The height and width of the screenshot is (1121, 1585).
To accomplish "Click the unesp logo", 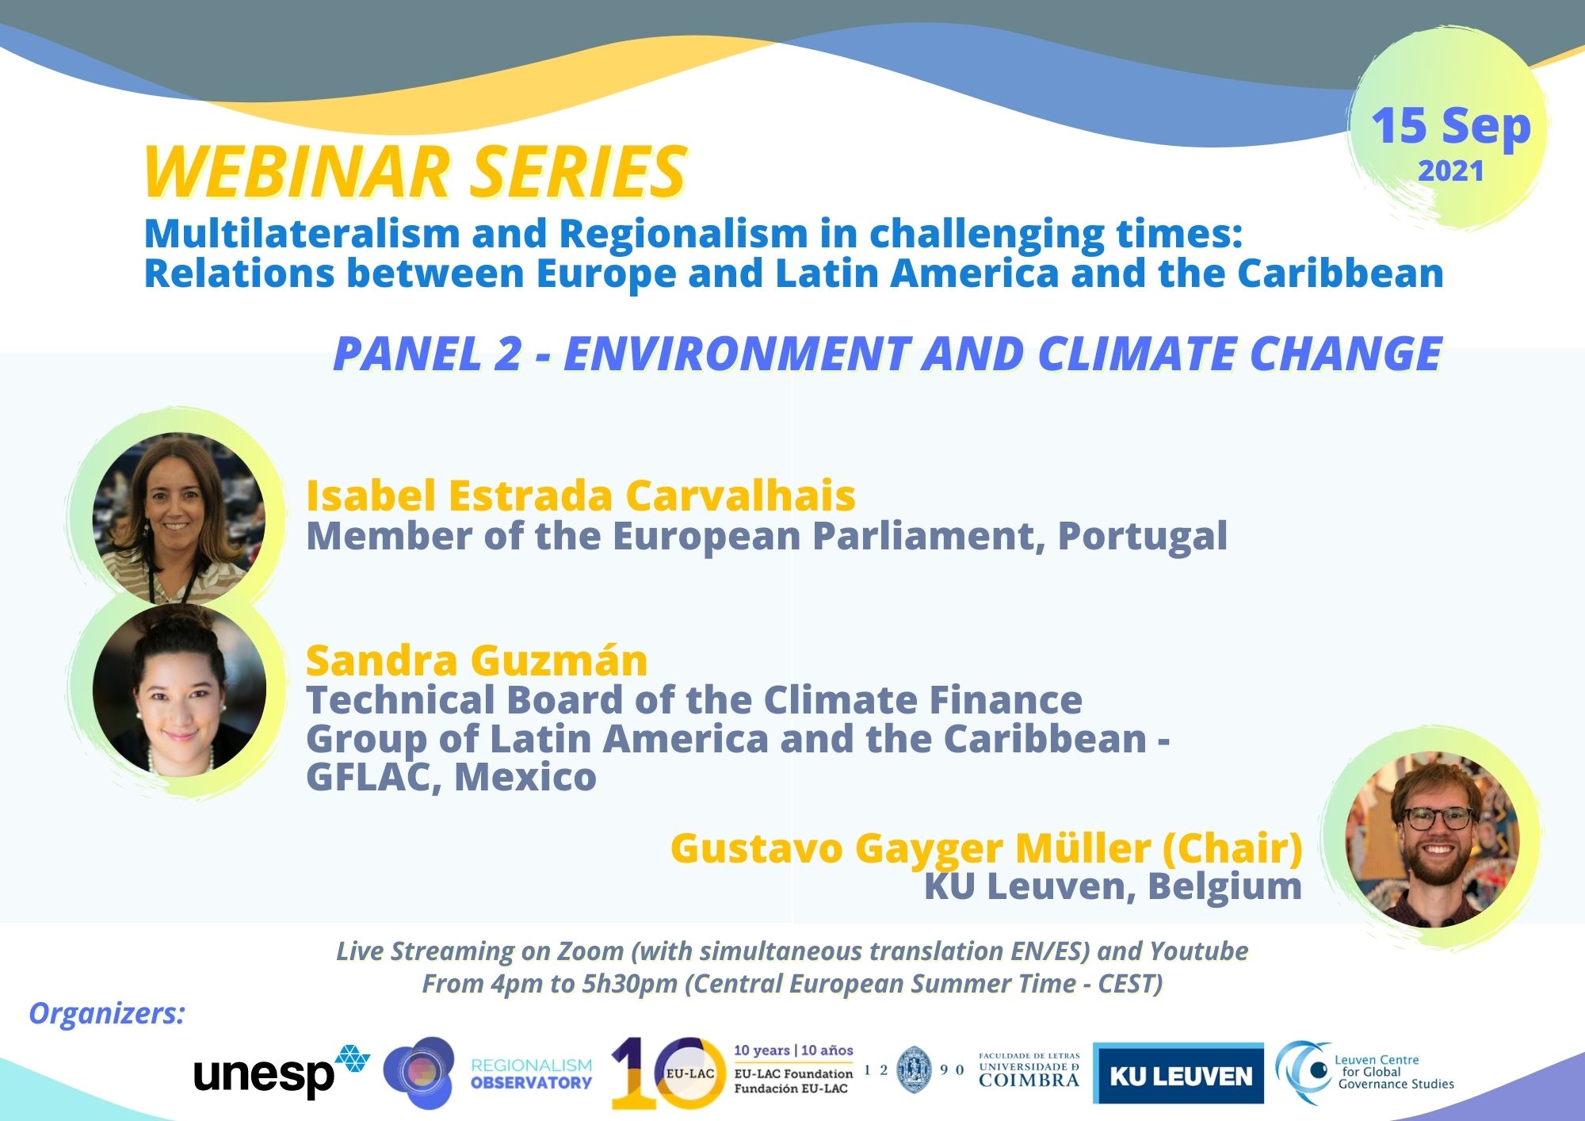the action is [x=281, y=1072].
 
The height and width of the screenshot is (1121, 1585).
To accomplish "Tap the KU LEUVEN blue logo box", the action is [x=1178, y=1073].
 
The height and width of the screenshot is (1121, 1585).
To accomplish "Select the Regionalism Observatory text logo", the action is [x=531, y=1074].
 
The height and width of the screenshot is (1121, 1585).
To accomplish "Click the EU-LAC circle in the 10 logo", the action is [x=689, y=1073].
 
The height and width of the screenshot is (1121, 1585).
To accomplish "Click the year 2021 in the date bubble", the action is [x=1450, y=171].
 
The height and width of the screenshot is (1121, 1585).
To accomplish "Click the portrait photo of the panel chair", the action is [x=1432, y=839].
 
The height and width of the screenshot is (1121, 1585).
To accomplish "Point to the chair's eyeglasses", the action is [x=1438, y=817].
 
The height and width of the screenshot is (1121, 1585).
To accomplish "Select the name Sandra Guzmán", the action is [x=477, y=660].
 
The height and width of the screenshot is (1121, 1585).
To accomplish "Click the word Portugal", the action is [x=1143, y=537].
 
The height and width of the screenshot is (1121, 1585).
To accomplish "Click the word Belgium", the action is [x=1224, y=886].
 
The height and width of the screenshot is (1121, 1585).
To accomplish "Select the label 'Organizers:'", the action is [x=106, y=1013].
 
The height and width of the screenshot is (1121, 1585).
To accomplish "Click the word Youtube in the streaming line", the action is [x=1198, y=951].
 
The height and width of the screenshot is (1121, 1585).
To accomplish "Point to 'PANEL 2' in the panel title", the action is [x=427, y=353].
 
